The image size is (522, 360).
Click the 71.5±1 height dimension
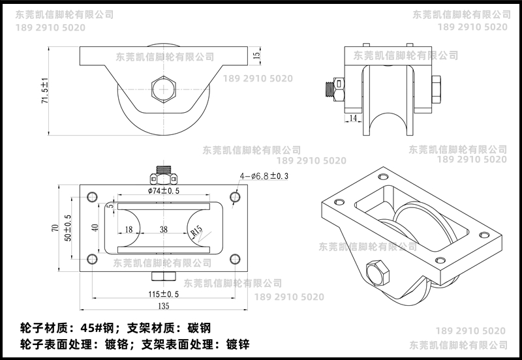[x=45, y=92]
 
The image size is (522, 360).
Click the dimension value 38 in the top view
[x=163, y=230]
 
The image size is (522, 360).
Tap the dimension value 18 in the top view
[x=128, y=230]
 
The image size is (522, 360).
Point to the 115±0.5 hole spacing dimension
[x=164, y=293]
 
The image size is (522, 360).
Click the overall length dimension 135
[x=163, y=306]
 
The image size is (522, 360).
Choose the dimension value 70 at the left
[x=55, y=228]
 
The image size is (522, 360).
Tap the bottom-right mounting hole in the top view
[x=235, y=258]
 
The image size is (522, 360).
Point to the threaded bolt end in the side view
[x=330, y=90]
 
